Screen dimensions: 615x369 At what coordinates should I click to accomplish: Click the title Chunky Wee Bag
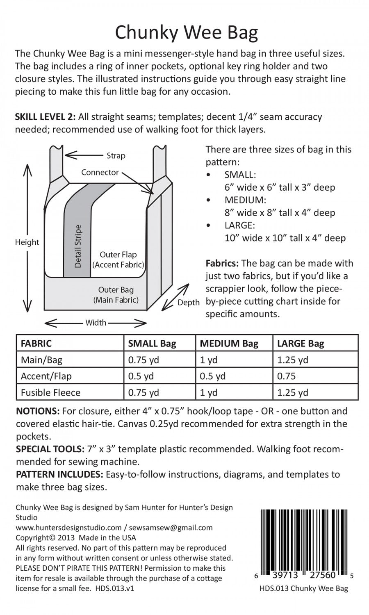click(186, 33)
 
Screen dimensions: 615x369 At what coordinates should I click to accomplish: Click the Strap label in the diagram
click(116, 156)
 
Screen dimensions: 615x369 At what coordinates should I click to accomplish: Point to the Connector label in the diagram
click(100, 172)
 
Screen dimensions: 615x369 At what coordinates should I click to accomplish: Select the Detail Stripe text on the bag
click(78, 246)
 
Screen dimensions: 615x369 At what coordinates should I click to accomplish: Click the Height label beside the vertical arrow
click(27, 242)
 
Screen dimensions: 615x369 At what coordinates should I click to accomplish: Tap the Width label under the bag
click(96, 323)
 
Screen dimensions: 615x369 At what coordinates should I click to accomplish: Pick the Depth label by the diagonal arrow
click(188, 303)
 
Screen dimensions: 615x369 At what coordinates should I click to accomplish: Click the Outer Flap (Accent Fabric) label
click(118, 260)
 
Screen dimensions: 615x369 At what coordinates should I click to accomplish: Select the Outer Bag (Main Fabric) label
click(116, 295)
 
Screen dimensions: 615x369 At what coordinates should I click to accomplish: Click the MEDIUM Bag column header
click(229, 344)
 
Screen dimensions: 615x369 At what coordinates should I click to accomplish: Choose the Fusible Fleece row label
click(50, 392)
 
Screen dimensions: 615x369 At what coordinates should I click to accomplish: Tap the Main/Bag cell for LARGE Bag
click(293, 360)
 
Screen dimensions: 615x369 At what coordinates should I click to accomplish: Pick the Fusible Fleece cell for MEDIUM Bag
click(209, 392)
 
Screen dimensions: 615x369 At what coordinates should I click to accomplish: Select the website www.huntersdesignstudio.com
click(68, 528)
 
